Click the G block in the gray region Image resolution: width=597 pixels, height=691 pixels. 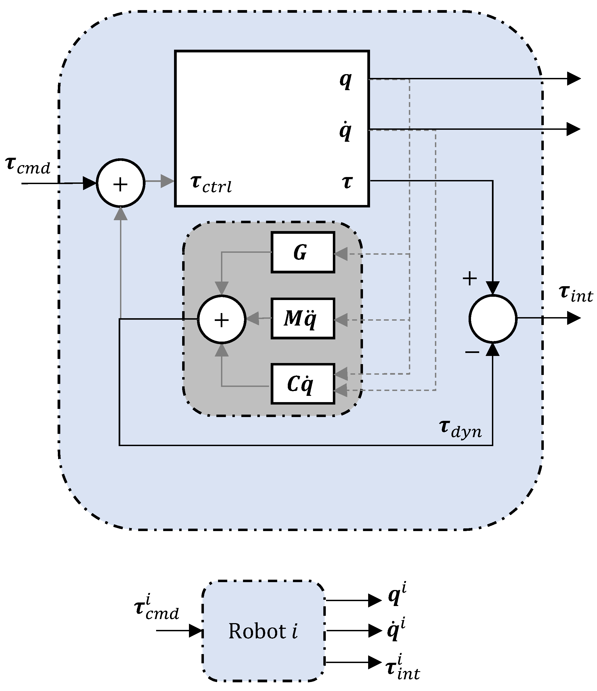pyautogui.click(x=302, y=253)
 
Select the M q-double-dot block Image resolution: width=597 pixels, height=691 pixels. pyautogui.click(x=302, y=318)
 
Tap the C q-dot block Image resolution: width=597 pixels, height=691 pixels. pyautogui.click(x=302, y=384)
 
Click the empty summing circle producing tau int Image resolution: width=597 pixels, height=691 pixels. pyautogui.click(x=492, y=318)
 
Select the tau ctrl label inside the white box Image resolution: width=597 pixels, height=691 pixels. pyautogui.click(x=211, y=184)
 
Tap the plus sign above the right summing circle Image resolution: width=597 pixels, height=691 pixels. pyautogui.click(x=470, y=278)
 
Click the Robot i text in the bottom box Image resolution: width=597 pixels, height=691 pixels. pyautogui.click(x=263, y=631)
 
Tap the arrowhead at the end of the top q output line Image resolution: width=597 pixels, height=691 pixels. pyautogui.click(x=574, y=79)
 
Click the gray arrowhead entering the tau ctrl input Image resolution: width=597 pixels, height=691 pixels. pyautogui.click(x=168, y=181)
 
